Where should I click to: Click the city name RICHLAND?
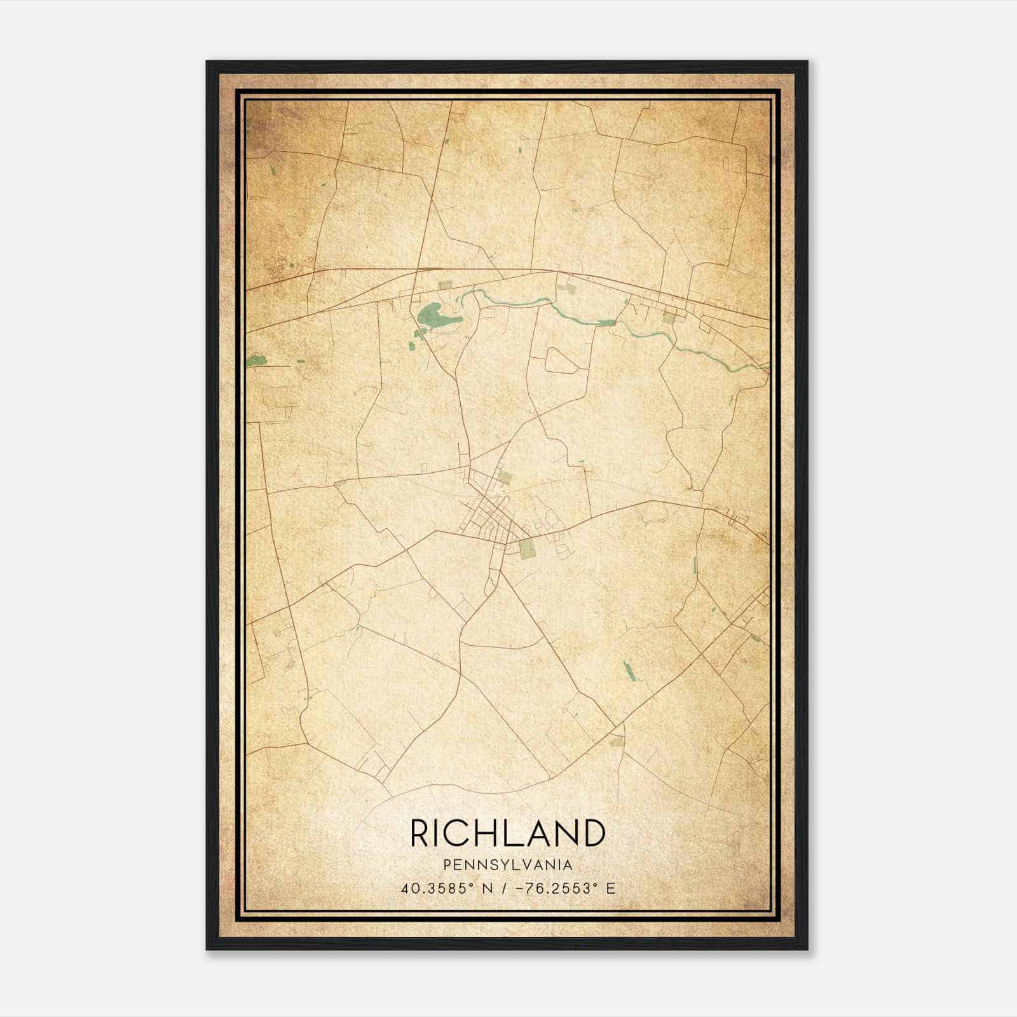508,833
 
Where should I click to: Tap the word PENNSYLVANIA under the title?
508,865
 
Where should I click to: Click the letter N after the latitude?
488,889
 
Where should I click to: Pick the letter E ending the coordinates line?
611,889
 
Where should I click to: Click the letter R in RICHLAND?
421,833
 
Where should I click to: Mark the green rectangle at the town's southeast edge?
527,549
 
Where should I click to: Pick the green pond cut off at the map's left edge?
256,361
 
